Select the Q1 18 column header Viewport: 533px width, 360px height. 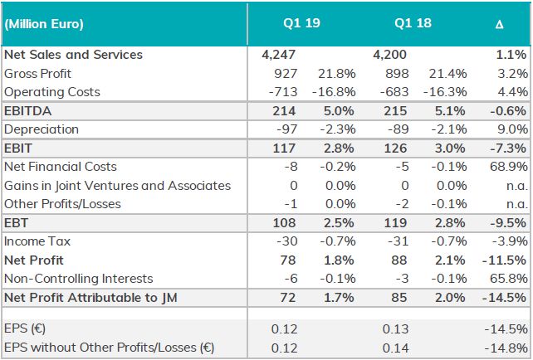tap(412, 24)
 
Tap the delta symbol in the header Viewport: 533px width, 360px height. tap(499, 25)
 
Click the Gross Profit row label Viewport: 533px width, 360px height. tap(37, 73)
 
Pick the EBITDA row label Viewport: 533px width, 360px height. tap(28, 111)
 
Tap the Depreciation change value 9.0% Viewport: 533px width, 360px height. tap(511, 129)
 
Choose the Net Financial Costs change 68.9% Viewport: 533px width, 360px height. tap(507, 167)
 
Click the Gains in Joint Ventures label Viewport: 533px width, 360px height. tap(117, 185)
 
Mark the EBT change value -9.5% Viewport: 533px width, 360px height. tap(507, 223)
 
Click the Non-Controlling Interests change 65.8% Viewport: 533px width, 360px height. tap(507, 278)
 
